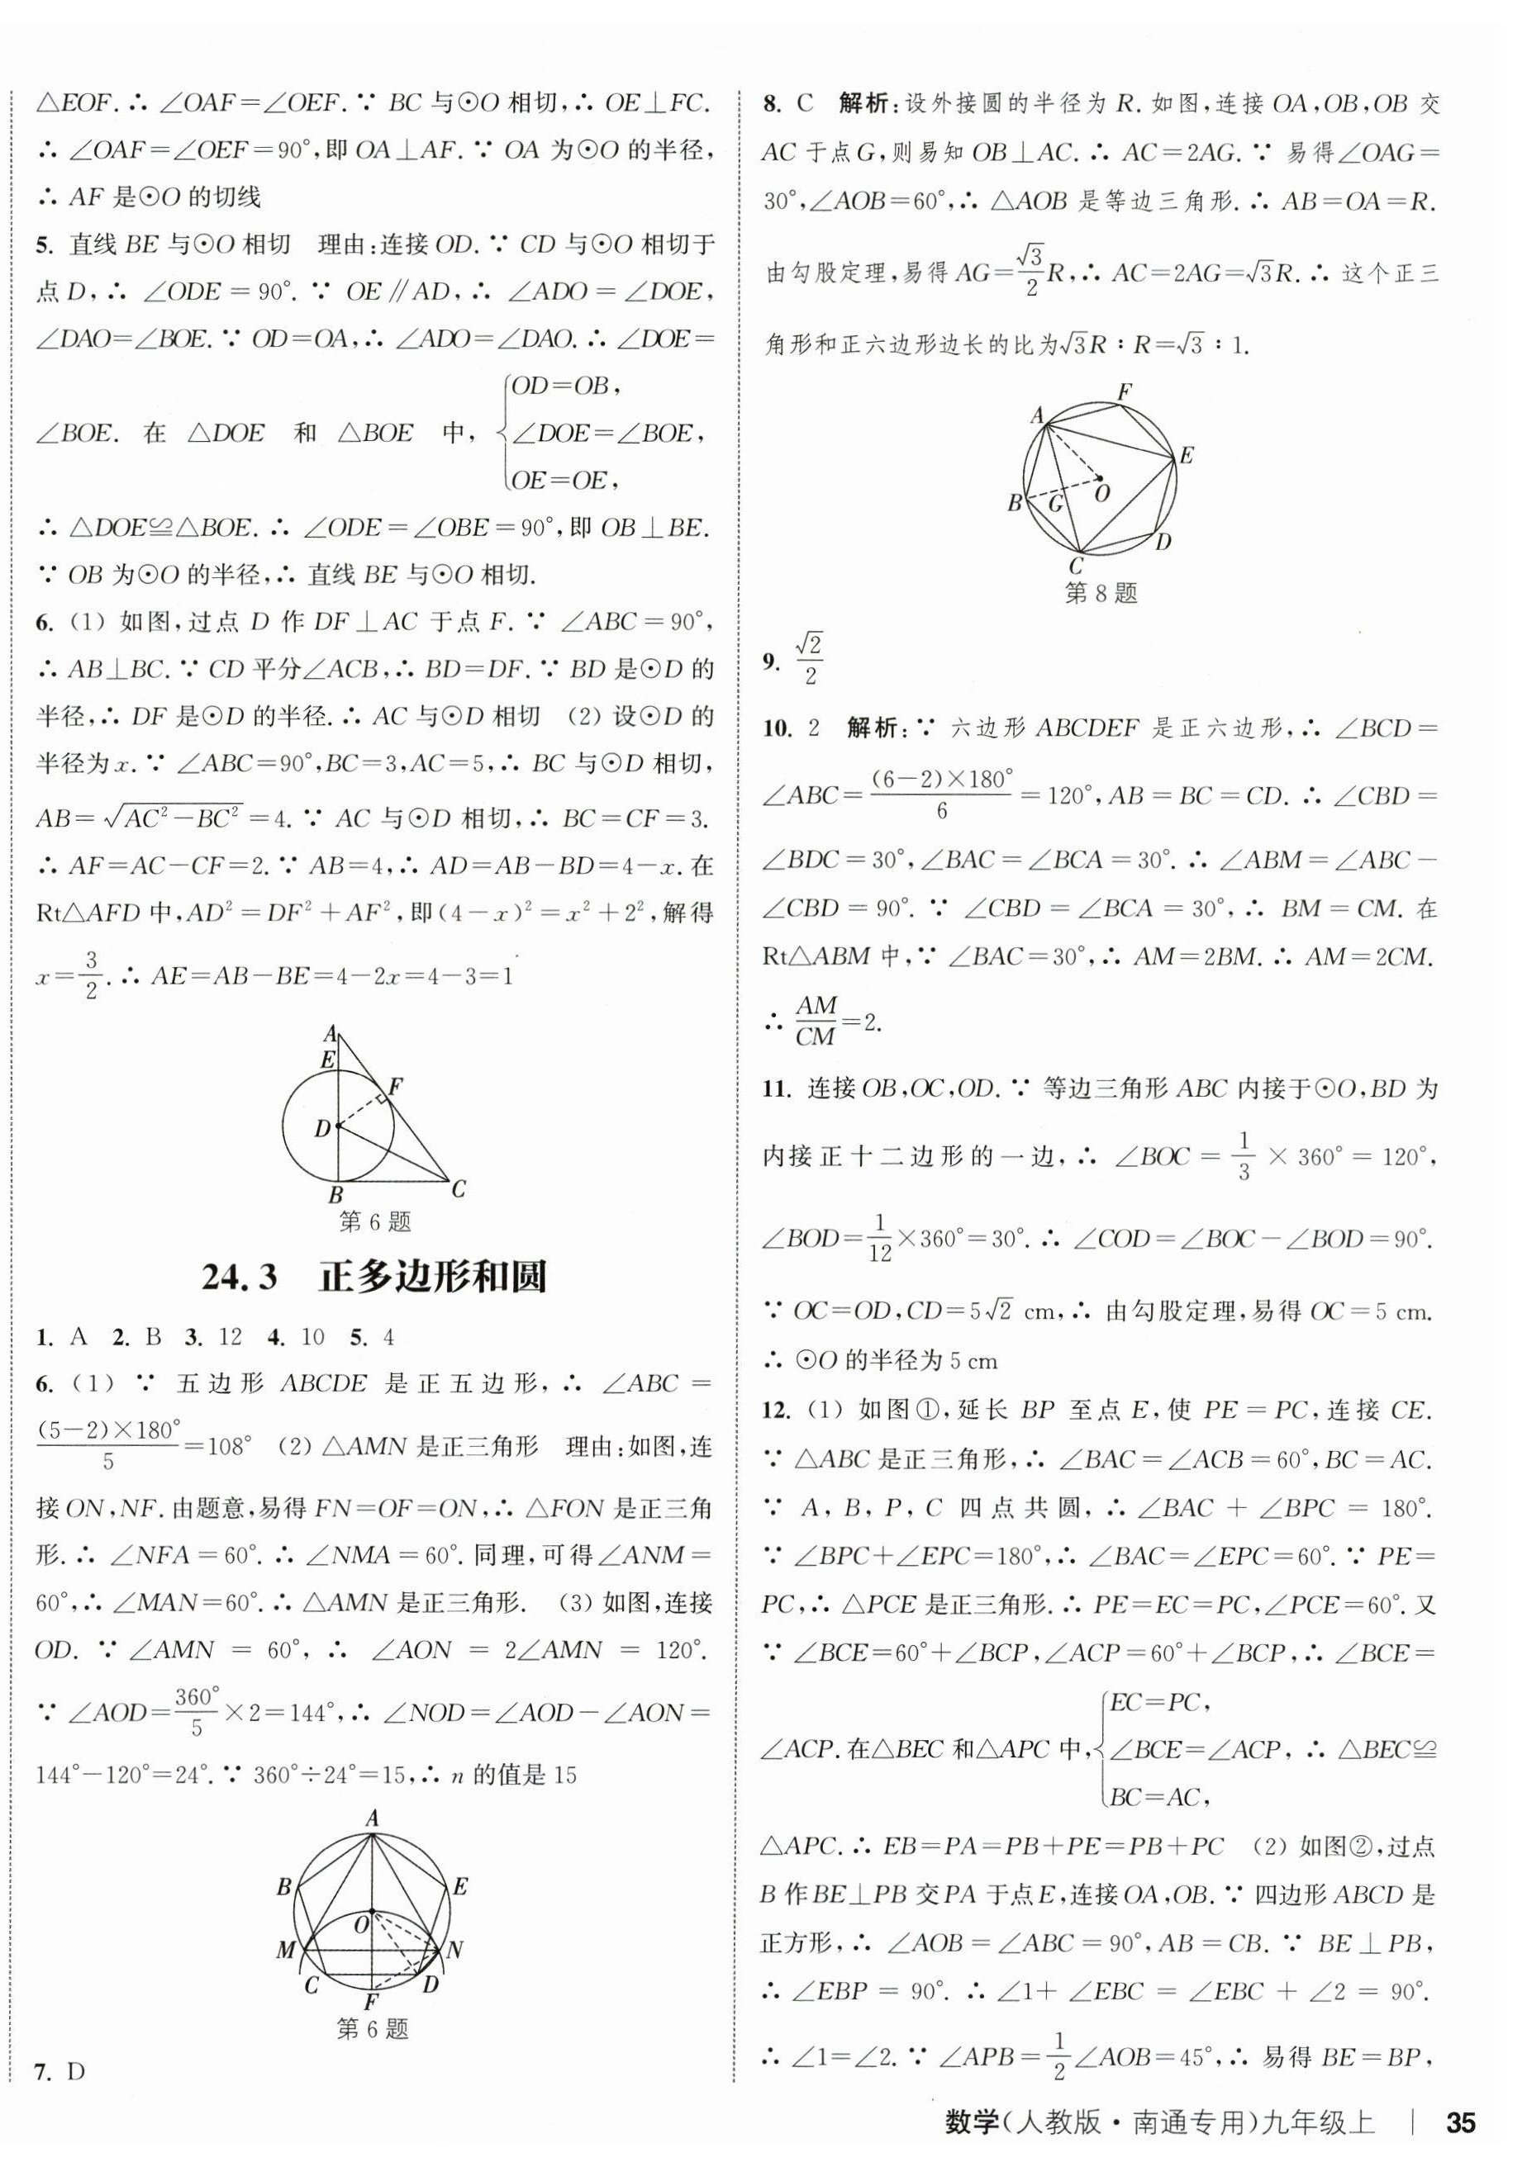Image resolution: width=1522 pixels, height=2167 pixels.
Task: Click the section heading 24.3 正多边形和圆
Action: pos(374,1277)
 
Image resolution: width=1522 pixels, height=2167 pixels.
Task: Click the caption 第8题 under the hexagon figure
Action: pos(1100,594)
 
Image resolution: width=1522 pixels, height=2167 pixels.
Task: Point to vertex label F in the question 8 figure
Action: pos(1124,391)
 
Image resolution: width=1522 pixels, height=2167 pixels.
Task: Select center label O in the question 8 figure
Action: pos(1102,493)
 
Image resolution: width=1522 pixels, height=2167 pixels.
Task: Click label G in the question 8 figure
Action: pos(1057,504)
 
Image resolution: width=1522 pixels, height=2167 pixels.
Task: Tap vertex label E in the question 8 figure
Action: pos(1187,455)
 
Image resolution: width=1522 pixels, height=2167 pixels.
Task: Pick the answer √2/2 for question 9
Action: pos(809,660)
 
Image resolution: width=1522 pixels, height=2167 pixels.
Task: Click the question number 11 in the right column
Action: pos(775,1089)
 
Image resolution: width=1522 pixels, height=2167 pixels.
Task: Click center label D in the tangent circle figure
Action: pos(323,1128)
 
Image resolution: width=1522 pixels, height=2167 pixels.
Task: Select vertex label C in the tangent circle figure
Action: pos(459,1189)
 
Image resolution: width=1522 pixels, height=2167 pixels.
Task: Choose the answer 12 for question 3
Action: pos(230,1336)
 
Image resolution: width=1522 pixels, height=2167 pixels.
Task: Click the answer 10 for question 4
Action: pos(312,1336)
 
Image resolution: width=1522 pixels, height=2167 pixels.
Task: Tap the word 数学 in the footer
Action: pos(972,2125)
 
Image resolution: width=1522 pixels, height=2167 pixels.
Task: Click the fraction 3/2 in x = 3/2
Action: pos(91,975)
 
